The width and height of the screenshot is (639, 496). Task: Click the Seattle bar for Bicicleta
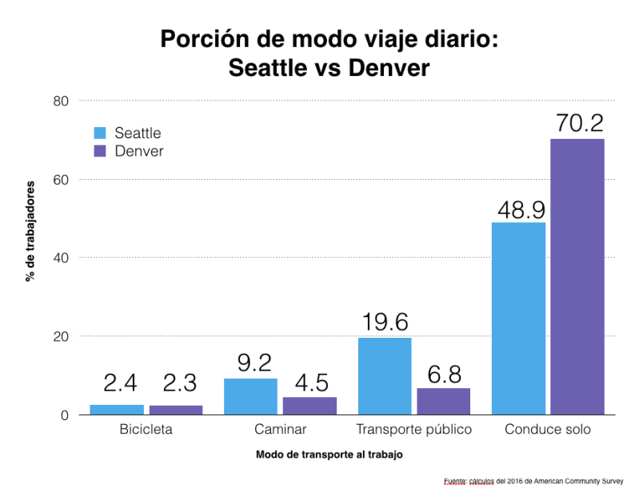(x=117, y=410)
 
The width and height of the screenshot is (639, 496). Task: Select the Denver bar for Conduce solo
(x=577, y=276)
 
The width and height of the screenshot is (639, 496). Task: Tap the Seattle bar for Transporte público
(x=385, y=376)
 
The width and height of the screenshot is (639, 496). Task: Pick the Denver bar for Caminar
(x=310, y=406)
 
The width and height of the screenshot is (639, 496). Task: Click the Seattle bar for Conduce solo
(x=518, y=318)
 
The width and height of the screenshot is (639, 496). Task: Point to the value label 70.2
(x=577, y=124)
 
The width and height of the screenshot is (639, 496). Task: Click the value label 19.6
(x=385, y=322)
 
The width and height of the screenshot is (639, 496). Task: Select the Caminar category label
(x=280, y=430)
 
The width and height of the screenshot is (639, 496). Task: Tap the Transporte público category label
(x=413, y=430)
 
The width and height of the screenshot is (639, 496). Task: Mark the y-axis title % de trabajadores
(x=31, y=231)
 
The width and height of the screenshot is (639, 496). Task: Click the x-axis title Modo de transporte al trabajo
(x=329, y=454)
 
